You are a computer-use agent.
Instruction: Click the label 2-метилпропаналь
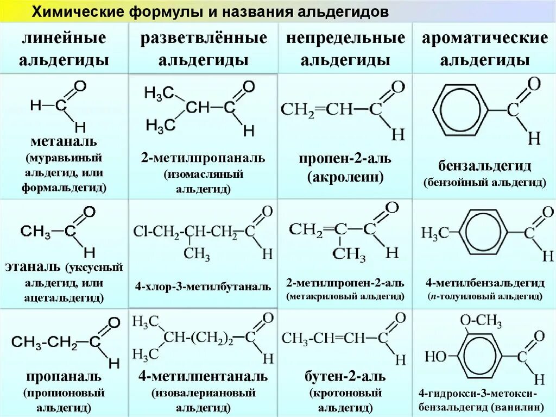[203, 158]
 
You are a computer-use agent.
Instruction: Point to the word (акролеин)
[345, 177]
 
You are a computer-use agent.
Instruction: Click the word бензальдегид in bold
[484, 166]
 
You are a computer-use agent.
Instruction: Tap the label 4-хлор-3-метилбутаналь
[203, 287]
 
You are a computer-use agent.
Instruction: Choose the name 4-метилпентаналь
[203, 376]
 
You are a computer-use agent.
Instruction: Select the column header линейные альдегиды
[64, 49]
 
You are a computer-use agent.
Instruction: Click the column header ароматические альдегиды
[484, 49]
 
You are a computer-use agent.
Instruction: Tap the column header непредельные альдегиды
[345, 49]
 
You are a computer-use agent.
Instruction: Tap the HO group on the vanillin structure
[435, 357]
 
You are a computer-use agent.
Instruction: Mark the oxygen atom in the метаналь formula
[80, 86]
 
